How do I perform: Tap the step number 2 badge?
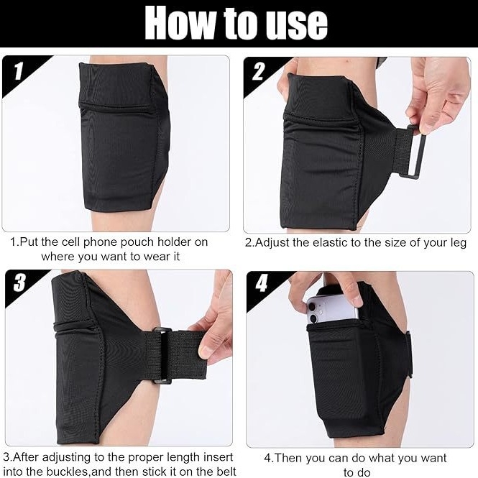259,72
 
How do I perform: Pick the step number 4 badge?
261,283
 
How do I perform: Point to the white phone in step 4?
331,308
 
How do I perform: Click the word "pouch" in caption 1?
136,242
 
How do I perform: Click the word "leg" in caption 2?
459,244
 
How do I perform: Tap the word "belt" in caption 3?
225,471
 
